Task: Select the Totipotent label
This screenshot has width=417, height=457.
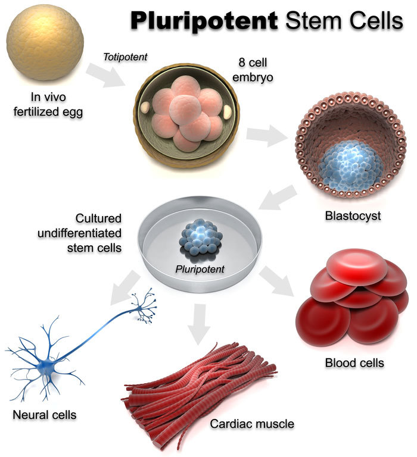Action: [125, 58]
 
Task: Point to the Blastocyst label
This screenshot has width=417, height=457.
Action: [351, 215]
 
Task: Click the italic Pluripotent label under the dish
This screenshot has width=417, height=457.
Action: [200, 269]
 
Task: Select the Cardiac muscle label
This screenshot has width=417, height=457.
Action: [252, 424]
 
